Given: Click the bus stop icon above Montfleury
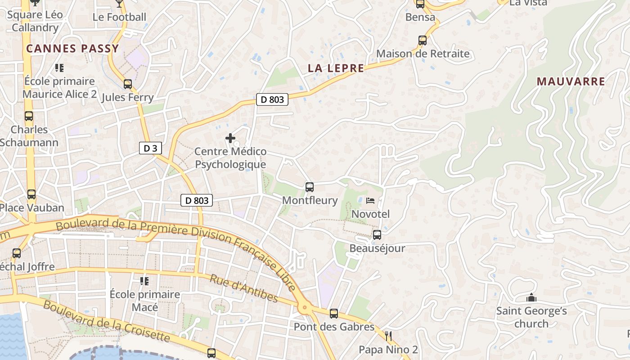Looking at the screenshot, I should click(x=309, y=187).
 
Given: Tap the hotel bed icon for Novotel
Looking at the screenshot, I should click(x=370, y=201).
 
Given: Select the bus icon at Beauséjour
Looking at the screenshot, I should click(x=377, y=235).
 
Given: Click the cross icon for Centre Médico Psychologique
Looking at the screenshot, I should click(x=230, y=138).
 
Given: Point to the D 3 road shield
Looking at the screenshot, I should click(x=150, y=148).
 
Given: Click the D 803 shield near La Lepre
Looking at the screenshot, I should click(x=272, y=99).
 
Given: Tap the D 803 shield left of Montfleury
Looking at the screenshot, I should click(x=196, y=200).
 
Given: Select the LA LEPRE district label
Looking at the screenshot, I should click(x=336, y=68).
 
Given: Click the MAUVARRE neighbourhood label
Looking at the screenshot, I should click(x=571, y=81).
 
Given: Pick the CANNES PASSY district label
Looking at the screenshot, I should click(x=72, y=49).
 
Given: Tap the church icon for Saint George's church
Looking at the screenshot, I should click(x=531, y=298).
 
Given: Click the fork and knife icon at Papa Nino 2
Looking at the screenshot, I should click(x=388, y=336).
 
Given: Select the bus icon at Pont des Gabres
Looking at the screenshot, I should click(x=333, y=314).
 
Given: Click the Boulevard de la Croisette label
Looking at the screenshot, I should click(x=107, y=321).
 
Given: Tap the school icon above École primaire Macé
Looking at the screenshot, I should click(x=144, y=281).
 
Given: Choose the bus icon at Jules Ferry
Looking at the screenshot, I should click(x=128, y=84).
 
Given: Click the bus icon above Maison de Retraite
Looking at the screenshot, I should click(x=422, y=40).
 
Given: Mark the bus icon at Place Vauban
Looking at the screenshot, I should click(x=31, y=194).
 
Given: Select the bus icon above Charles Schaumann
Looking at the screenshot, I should click(x=29, y=116).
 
